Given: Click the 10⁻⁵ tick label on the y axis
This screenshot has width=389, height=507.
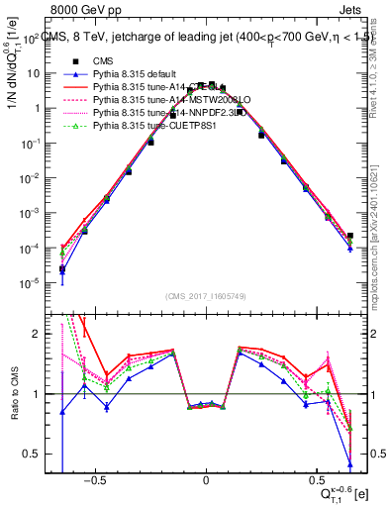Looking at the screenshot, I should click(x=32, y=283).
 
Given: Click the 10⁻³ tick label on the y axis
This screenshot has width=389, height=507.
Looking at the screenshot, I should click(x=32, y=213).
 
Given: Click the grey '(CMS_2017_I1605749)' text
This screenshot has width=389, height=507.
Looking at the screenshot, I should click(x=205, y=296).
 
